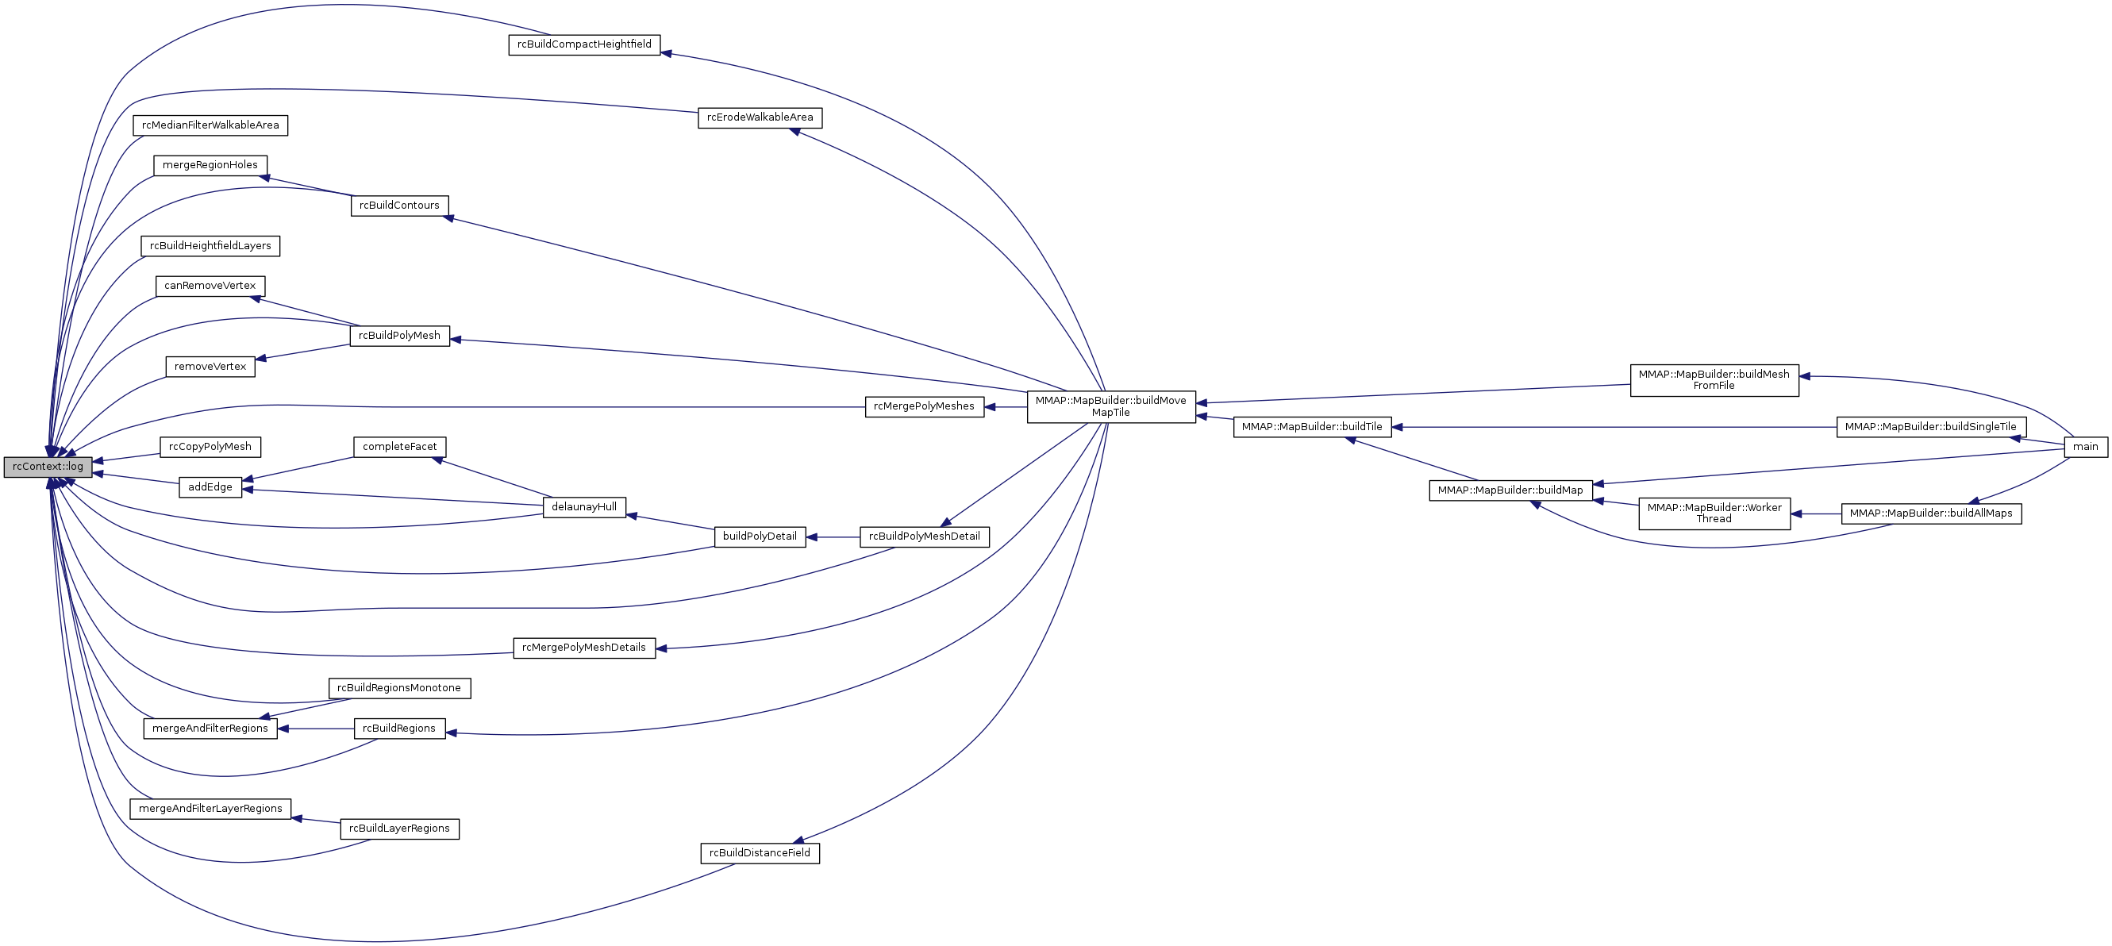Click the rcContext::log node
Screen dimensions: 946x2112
[48, 467]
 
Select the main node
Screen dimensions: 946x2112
[2085, 447]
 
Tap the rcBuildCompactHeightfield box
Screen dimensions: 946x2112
[583, 44]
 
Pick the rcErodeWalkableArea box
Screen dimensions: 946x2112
[760, 117]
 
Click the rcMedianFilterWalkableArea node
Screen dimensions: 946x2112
[210, 125]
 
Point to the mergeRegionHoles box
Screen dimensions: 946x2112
[210, 166]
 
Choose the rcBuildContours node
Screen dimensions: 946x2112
[399, 206]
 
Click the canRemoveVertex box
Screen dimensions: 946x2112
[210, 286]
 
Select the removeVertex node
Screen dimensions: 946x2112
[210, 367]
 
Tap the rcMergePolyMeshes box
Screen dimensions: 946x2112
[924, 406]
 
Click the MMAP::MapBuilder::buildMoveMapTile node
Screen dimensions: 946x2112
[1111, 406]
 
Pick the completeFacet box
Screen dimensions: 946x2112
[399, 447]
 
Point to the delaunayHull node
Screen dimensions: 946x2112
[583, 507]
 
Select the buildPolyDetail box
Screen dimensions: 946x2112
[760, 537]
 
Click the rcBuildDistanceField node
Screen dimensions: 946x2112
[760, 853]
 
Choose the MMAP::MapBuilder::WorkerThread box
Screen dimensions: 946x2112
[1714, 513]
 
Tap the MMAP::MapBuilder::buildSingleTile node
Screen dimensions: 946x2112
[1931, 427]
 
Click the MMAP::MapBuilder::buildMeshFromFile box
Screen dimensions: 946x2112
[1714, 380]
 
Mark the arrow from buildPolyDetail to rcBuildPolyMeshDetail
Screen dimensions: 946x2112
[832, 538]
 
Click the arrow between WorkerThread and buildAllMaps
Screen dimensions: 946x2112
[1816, 514]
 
